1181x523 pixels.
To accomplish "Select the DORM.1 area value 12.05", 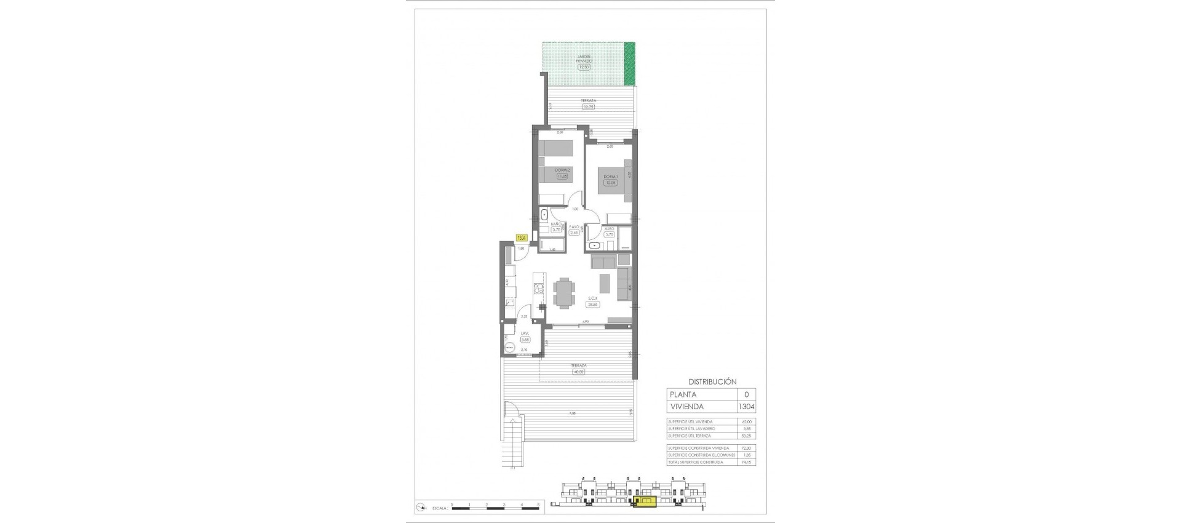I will tap(610, 183).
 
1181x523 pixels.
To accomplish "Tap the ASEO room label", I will tap(610, 228).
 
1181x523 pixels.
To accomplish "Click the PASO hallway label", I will tap(575, 227).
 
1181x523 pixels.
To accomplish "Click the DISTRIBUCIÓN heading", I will tap(712, 381).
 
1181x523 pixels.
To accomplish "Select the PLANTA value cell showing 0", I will tap(747, 394).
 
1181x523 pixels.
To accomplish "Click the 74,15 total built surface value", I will tap(747, 462).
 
